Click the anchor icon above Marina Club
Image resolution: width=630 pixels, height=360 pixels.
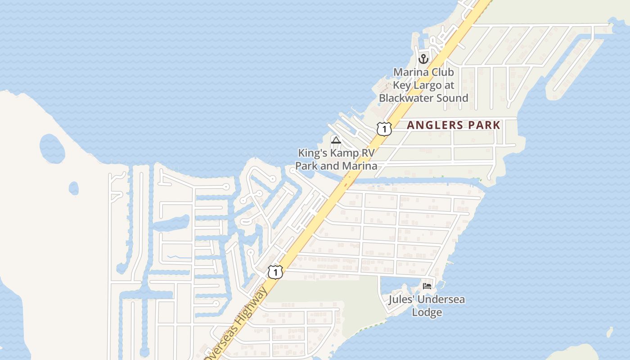[423, 59]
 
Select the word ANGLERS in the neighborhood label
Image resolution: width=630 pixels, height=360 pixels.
[435, 126]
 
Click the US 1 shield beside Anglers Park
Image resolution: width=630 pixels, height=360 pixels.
[384, 129]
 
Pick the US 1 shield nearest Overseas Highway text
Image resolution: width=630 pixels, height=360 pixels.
[275, 272]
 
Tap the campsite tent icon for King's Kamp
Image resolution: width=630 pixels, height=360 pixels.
[336, 140]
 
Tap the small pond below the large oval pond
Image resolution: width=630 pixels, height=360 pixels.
[73, 188]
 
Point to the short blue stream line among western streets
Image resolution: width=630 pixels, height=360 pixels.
[179, 257]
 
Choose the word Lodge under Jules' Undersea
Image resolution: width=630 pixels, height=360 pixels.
[427, 312]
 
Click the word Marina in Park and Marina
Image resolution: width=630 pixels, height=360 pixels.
[359, 166]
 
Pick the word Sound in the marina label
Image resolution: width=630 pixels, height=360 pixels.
[452, 98]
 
